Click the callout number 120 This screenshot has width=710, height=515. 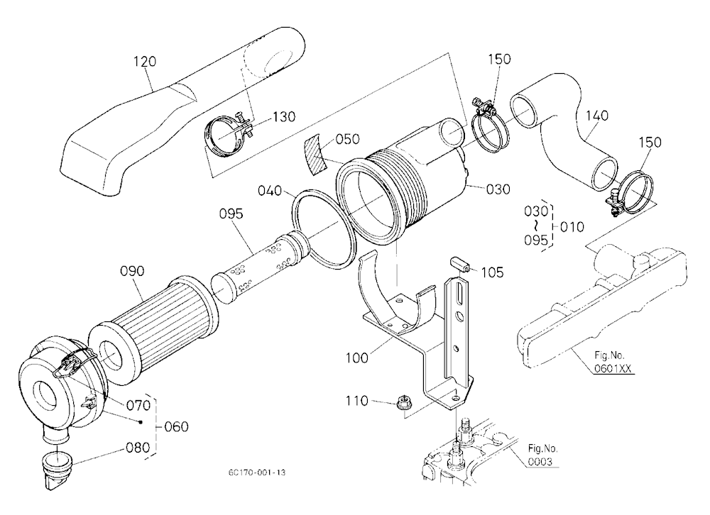click(x=145, y=61)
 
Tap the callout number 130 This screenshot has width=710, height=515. click(x=284, y=117)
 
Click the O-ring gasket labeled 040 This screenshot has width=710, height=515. click(x=324, y=228)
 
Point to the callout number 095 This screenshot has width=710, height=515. click(x=231, y=214)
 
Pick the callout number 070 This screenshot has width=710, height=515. click(x=138, y=404)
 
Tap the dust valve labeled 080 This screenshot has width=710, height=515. click(x=55, y=470)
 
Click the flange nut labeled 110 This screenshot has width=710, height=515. click(x=403, y=402)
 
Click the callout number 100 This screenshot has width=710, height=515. click(x=357, y=358)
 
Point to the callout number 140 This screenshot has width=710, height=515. click(x=597, y=116)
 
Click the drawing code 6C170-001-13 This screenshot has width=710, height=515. click(x=257, y=472)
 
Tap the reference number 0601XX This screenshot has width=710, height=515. click(x=613, y=368)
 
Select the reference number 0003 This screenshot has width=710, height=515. click(x=540, y=462)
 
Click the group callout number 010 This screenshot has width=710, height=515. click(x=572, y=226)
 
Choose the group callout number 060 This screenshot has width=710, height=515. click(x=177, y=427)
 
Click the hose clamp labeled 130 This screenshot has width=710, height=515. click(x=226, y=131)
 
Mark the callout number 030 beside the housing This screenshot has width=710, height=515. click(x=498, y=189)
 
